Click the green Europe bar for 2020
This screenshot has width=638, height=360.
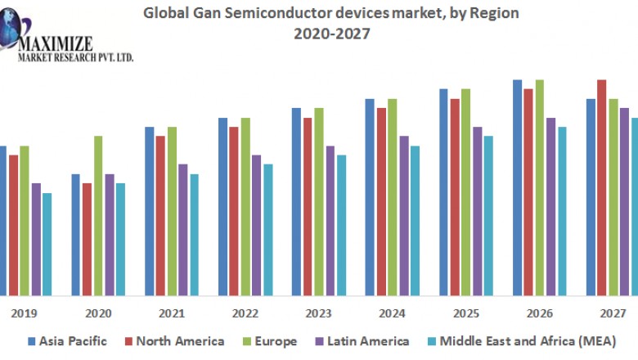point(98,215)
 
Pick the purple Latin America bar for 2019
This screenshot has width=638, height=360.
point(36,238)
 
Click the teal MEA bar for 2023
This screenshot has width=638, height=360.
point(341,224)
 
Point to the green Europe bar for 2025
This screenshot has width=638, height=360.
point(465,191)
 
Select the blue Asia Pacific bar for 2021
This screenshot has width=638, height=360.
point(150,210)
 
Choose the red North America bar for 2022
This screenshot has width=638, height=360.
point(234,210)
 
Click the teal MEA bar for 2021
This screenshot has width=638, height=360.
point(194,234)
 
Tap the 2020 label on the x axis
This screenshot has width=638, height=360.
point(98,313)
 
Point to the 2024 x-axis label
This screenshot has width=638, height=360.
point(393,313)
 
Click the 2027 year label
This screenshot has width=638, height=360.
point(613,313)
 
